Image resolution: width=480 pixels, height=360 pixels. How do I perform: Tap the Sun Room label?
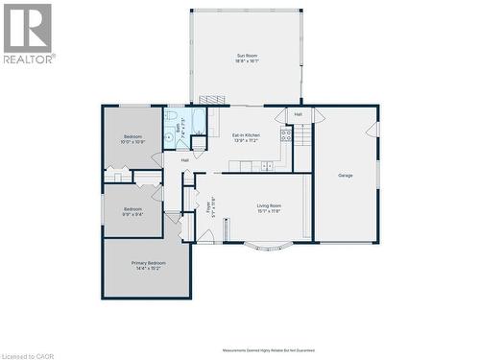248,58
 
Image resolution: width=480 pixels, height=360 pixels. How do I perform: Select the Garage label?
346,176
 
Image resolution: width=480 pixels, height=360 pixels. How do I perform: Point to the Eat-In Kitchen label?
246,137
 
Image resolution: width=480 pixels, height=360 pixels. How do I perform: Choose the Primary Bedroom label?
148,265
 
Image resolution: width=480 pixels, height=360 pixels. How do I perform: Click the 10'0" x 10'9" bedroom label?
132,139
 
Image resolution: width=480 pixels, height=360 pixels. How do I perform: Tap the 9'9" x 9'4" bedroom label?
132,211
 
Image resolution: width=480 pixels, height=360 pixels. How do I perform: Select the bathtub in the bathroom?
198,122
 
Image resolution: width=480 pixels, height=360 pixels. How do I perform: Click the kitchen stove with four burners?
285,135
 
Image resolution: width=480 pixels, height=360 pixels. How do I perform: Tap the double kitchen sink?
266,166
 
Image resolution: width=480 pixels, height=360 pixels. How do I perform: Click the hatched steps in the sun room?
212,99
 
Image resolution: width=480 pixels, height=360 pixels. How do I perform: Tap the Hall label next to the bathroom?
184,159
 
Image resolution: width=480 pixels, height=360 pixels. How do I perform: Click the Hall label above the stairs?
299,114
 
